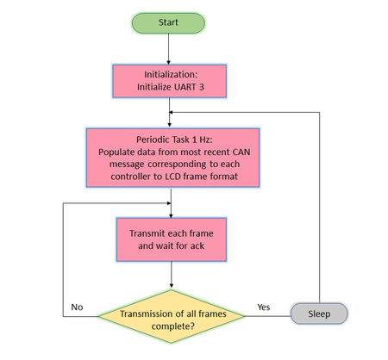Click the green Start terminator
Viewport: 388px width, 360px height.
tap(168, 22)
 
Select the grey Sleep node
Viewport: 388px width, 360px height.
tap(319, 313)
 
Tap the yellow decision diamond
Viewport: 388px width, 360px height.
tap(172, 316)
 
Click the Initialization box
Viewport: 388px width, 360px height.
tap(170, 81)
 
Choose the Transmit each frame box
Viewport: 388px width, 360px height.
tap(172, 239)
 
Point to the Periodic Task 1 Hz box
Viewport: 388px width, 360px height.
tap(172, 158)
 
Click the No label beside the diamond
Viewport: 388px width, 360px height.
tap(77, 307)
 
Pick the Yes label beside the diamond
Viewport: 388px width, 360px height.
tap(264, 307)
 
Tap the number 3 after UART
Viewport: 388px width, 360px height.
tap(202, 87)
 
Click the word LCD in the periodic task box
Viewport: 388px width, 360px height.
tap(172, 177)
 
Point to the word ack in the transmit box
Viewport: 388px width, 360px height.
tap(197, 245)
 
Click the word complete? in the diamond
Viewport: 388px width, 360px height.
tap(173, 326)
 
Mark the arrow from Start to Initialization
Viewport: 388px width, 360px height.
tap(169, 49)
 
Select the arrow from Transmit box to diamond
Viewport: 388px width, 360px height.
tap(172, 275)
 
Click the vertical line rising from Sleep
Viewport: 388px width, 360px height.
tap(320, 208)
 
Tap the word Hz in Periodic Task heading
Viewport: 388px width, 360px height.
tap(206, 140)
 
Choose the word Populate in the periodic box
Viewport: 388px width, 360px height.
tap(113, 152)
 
